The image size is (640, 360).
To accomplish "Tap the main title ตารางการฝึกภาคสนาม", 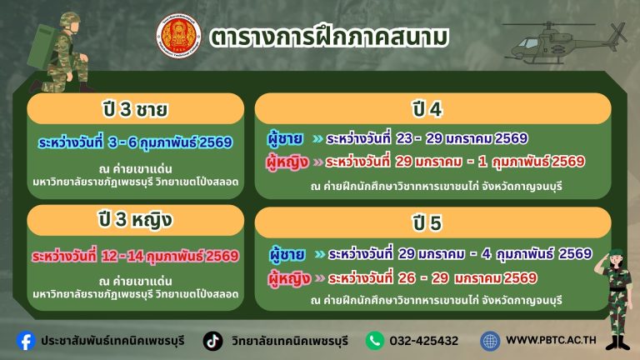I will (x=329, y=37).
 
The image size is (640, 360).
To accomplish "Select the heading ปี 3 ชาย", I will (x=132, y=109).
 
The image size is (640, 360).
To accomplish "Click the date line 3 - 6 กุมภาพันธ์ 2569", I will (x=135, y=142).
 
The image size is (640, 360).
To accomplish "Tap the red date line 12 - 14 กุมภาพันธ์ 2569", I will (x=135, y=255).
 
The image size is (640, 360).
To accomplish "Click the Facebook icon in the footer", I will (x=27, y=340).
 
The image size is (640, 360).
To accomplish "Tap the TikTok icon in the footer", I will (x=213, y=340).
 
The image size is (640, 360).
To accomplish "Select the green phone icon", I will (x=375, y=340).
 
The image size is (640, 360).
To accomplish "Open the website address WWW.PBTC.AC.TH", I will (x=551, y=340).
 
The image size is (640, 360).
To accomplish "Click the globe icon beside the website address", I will (x=490, y=340).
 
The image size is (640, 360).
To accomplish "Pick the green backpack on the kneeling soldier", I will (x=42, y=46).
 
